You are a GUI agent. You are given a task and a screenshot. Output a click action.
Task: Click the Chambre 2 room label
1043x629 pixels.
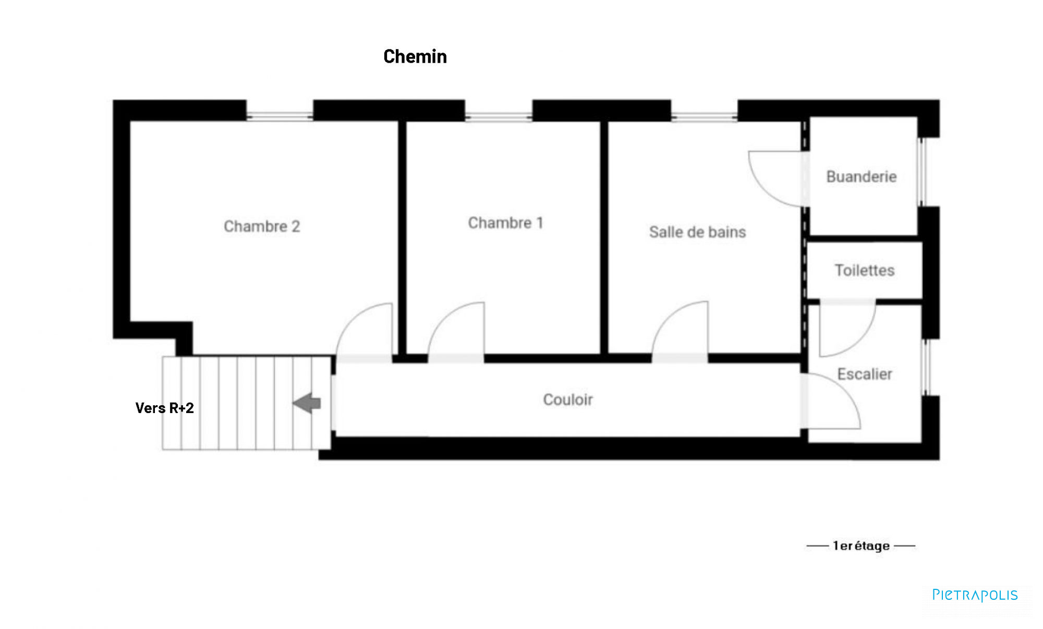[x=262, y=226]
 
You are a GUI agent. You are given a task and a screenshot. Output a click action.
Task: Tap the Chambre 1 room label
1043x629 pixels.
[x=506, y=223]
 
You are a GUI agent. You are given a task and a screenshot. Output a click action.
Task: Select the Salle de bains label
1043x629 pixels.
[x=697, y=232]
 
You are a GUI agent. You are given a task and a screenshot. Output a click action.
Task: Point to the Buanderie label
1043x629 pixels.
[x=862, y=176]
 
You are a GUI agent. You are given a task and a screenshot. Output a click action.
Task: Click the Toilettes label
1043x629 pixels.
[x=865, y=270]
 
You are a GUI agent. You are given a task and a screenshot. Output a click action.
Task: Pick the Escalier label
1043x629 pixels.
[x=865, y=374]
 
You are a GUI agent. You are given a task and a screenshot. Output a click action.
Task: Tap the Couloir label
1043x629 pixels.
[x=568, y=400]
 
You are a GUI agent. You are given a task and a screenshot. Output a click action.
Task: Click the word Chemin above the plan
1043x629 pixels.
[x=415, y=56]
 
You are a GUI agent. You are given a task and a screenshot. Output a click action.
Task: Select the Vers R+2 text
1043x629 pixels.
[x=164, y=408]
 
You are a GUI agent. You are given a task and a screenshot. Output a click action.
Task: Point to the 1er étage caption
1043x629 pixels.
[x=861, y=546]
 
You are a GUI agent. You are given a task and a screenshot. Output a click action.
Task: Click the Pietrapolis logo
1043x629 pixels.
[x=975, y=595]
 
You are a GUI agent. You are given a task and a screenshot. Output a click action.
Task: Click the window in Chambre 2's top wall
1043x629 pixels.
[x=280, y=116]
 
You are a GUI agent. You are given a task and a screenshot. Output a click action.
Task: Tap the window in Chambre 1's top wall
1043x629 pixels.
[x=499, y=116]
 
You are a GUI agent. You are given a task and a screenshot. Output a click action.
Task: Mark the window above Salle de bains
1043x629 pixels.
[x=704, y=116]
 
